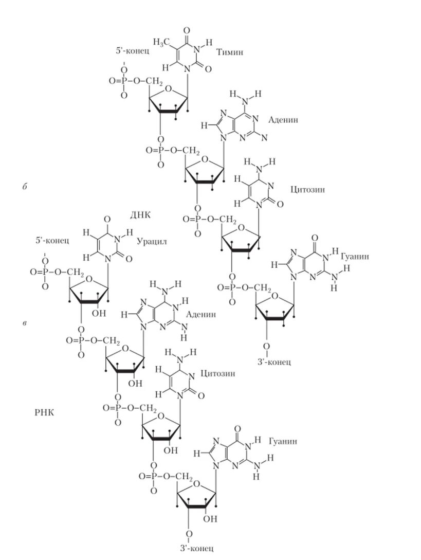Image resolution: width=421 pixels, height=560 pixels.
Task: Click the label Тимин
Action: [229, 52]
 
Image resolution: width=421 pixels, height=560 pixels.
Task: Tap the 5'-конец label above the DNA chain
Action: [132, 51]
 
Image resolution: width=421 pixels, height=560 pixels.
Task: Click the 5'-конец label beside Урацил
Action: [52, 240]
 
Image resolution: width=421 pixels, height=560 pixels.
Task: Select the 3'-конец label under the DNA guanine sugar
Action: [273, 362]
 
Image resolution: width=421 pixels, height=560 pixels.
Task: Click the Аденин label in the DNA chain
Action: [283, 119]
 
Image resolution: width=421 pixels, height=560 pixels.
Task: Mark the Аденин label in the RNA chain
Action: [201, 314]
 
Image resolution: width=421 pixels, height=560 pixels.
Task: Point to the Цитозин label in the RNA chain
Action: [218, 373]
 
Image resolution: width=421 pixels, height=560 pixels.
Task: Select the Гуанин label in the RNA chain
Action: [282, 441]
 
